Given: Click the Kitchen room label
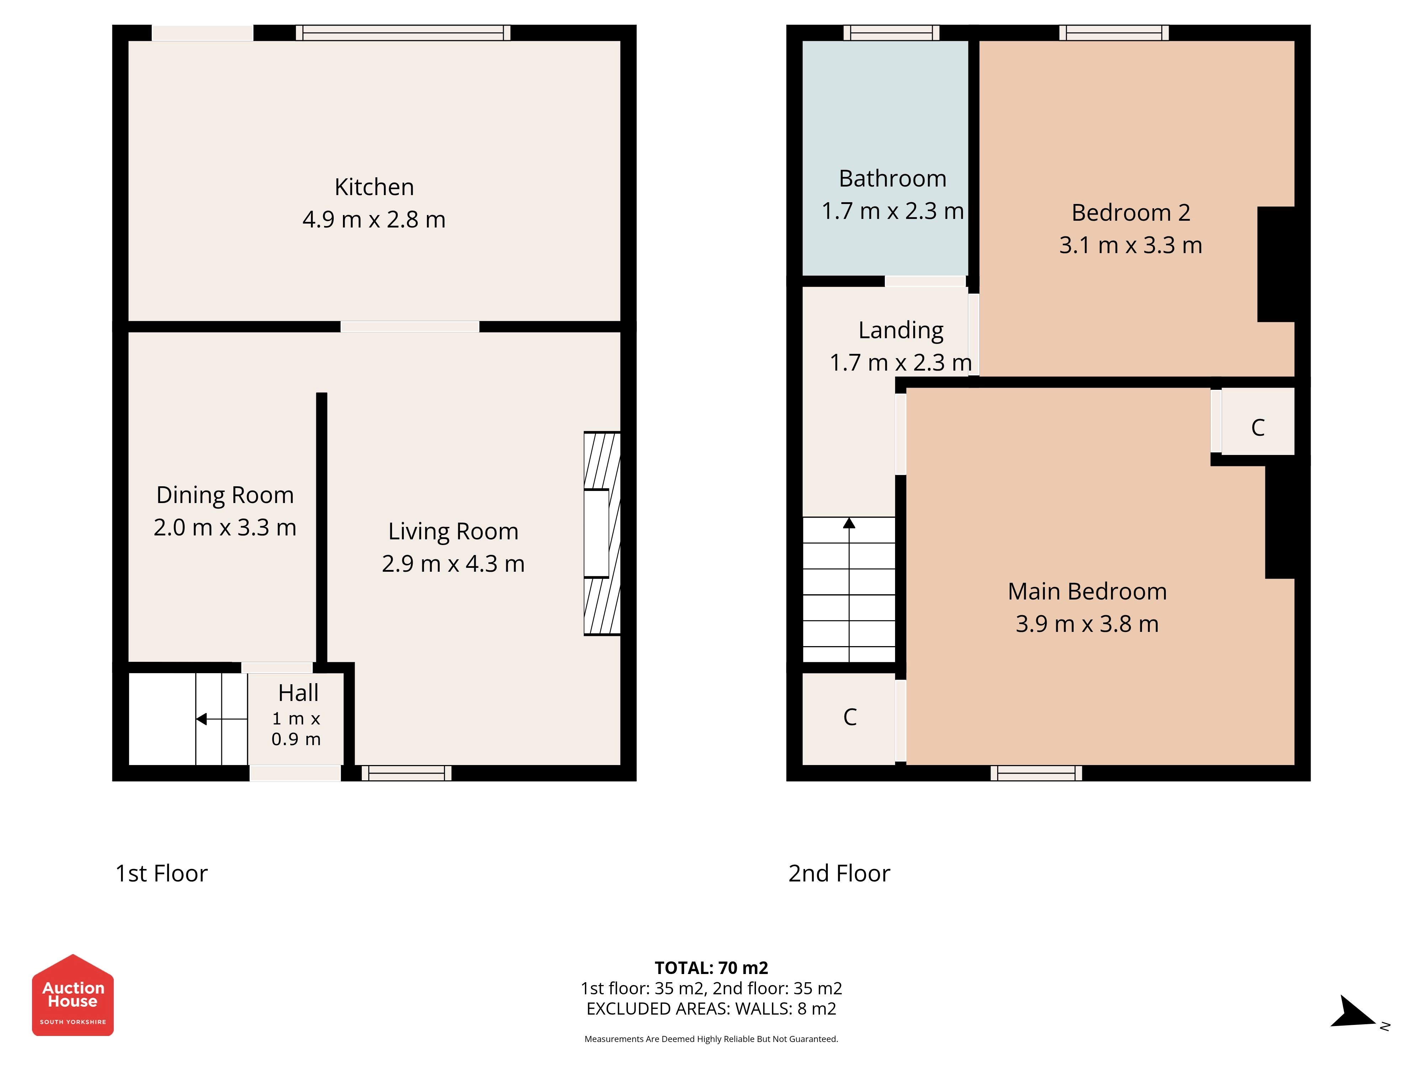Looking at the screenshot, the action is tap(374, 187).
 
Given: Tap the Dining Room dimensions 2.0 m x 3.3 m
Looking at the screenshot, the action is tap(225, 527).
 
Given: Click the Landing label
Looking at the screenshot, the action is tap(901, 330).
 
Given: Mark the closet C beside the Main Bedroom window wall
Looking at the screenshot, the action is tap(850, 717).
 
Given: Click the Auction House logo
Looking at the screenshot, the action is tap(73, 995).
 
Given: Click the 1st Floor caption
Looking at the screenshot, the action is tap(162, 874).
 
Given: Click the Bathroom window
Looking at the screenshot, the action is tap(891, 33).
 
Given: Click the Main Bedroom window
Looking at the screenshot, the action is tap(1036, 773).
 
